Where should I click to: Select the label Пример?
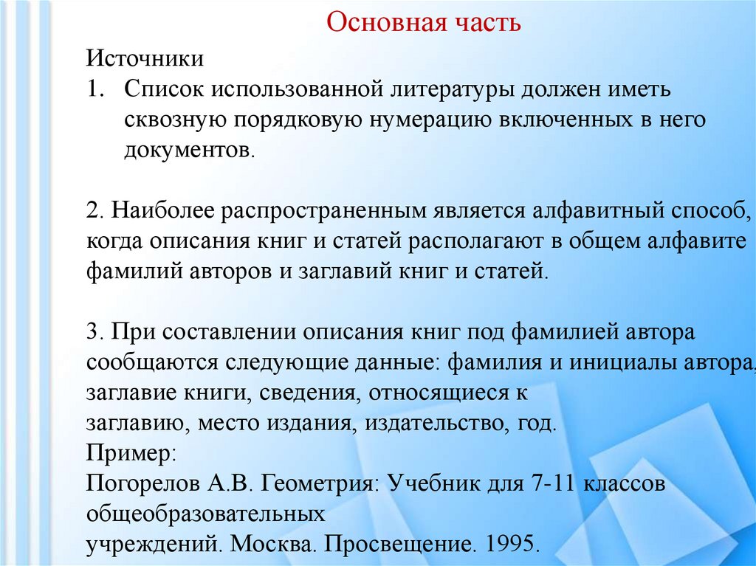pyautogui.click(x=131, y=452)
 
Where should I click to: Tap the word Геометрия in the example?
pyautogui.click(x=321, y=484)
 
